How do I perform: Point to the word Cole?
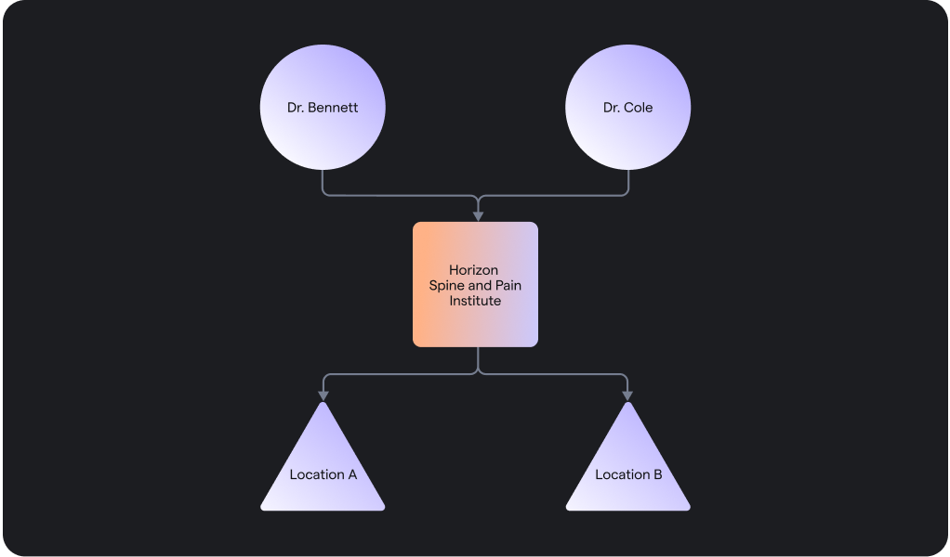tap(639, 108)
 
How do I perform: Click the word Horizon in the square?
tap(473, 270)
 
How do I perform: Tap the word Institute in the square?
tap(475, 301)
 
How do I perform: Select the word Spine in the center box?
tap(446, 286)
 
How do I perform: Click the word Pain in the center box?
tap(508, 286)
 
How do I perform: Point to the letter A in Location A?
tap(352, 474)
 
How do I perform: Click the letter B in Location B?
tap(658, 474)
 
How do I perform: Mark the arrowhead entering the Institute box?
tap(478, 216)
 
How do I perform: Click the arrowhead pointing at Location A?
tap(323, 395)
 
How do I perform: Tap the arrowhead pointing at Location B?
tap(627, 395)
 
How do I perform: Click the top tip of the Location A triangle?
tap(323, 405)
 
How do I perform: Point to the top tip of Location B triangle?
tap(628, 405)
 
